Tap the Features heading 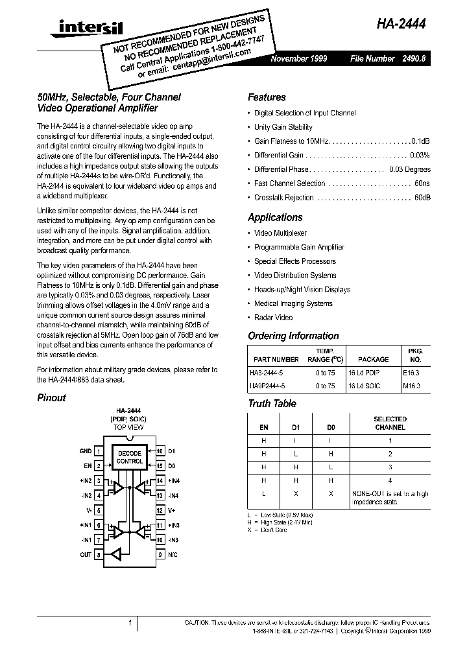[x=267, y=97]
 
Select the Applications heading [x=275, y=218]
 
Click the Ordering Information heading [x=293, y=336]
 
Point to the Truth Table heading [x=272, y=403]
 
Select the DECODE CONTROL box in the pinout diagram [x=129, y=457]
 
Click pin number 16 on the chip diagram [x=160, y=451]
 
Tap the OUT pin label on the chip [x=86, y=555]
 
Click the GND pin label [x=86, y=451]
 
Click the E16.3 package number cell [x=411, y=372]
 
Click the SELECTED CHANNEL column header [x=390, y=423]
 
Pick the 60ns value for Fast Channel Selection [x=422, y=183]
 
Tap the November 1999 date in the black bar [x=299, y=58]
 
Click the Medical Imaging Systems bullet [x=293, y=303]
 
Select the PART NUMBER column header [x=276, y=359]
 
